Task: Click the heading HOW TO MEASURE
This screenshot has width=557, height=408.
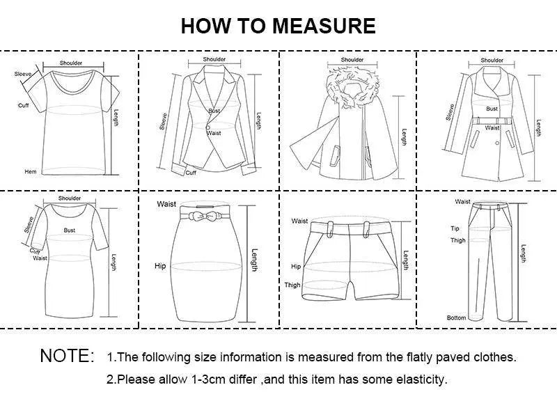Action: coord(278,26)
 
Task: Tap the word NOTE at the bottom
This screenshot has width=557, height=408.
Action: coord(67,356)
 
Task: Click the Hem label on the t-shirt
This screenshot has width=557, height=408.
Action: coord(30,171)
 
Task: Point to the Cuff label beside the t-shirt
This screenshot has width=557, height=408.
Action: coord(23,105)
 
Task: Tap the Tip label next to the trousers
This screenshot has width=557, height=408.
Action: coord(455,228)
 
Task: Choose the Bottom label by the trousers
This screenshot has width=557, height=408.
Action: coord(456,317)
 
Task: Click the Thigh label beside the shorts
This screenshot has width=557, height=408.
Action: coord(292,285)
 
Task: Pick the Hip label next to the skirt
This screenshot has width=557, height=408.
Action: coord(160,265)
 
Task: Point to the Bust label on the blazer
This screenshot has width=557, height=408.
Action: coord(214,111)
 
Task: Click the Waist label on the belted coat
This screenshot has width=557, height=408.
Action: coord(492,128)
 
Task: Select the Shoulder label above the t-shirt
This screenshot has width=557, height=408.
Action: coord(71,63)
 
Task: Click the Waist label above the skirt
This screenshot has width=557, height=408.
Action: coord(166,204)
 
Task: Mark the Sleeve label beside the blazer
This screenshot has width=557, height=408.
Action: coord(164,123)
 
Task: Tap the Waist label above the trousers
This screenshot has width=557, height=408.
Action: coord(463,202)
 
